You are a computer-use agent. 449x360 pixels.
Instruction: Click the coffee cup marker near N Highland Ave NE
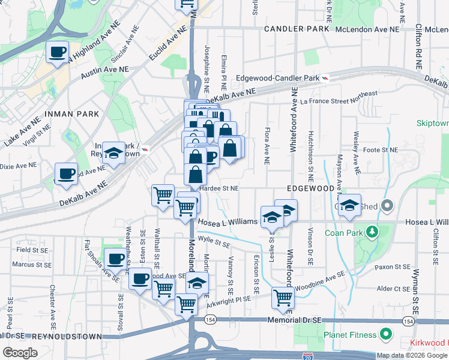coord(58,53)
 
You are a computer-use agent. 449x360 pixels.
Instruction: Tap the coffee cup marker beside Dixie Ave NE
coord(66,173)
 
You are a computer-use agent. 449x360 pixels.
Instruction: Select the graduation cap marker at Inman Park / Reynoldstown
coord(113,153)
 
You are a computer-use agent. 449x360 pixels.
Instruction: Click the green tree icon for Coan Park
coord(372,232)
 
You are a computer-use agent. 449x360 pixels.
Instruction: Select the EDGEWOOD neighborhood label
coord(310,188)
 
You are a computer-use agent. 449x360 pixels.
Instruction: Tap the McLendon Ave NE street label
coord(367,29)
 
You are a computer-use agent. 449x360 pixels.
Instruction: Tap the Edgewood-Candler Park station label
coord(277,79)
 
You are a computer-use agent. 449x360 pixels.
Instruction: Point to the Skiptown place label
coord(433,123)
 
